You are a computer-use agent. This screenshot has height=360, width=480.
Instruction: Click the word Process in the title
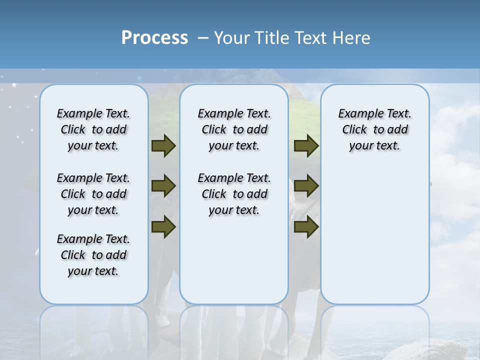[x=154, y=38]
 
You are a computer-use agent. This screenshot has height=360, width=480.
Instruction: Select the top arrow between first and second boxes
[x=163, y=146]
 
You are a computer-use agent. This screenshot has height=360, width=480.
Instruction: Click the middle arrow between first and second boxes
[x=163, y=186]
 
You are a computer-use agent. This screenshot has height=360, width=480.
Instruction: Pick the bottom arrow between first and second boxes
[x=163, y=226]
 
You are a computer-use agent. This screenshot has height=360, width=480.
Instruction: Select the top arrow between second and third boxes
[x=306, y=146]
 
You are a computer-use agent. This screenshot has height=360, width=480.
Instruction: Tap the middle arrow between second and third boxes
[x=306, y=186]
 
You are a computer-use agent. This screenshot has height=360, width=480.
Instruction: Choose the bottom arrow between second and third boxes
[x=306, y=226]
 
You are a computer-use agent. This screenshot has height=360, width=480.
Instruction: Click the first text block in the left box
[x=93, y=129]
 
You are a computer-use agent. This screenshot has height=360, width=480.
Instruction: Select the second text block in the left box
[x=93, y=194]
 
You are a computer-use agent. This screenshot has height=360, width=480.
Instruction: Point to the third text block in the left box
[x=93, y=255]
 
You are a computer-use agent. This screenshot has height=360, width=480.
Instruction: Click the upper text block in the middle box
[x=234, y=129]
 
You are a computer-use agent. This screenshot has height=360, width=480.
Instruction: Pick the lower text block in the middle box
[x=234, y=194]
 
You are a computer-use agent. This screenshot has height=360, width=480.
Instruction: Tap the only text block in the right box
[x=374, y=129]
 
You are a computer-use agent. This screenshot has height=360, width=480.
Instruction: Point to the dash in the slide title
[x=203, y=38]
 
